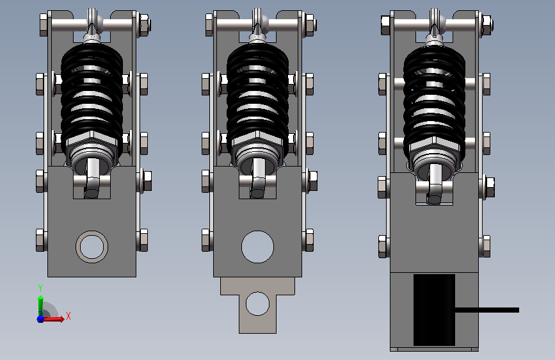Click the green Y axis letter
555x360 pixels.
pyautogui.click(x=40, y=288)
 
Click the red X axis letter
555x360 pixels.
pyautogui.click(x=68, y=316)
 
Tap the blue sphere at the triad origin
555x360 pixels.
pyautogui.click(x=41, y=318)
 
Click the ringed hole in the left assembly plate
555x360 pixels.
pyautogui.click(x=92, y=247)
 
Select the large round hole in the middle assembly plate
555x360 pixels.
pyautogui.click(x=258, y=247)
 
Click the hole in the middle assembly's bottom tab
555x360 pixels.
pyautogui.click(x=258, y=304)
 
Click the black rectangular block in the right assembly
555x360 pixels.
pyautogui.click(x=434, y=309)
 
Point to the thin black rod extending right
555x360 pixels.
pyautogui.click(x=487, y=310)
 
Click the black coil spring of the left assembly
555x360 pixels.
pyautogui.click(x=92, y=101)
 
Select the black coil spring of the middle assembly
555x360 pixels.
pyautogui.click(x=258, y=101)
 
